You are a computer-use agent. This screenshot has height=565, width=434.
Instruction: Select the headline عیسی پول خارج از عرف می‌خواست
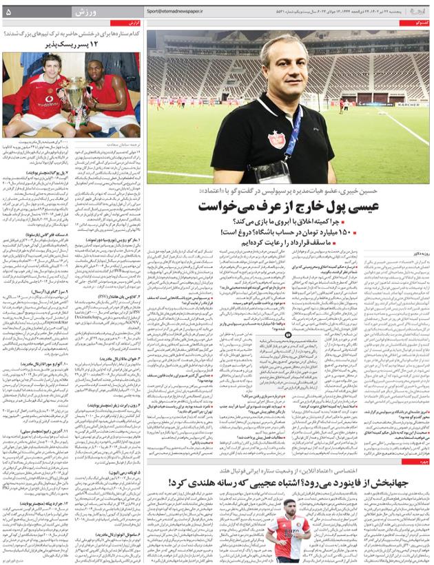pos(287,206)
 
